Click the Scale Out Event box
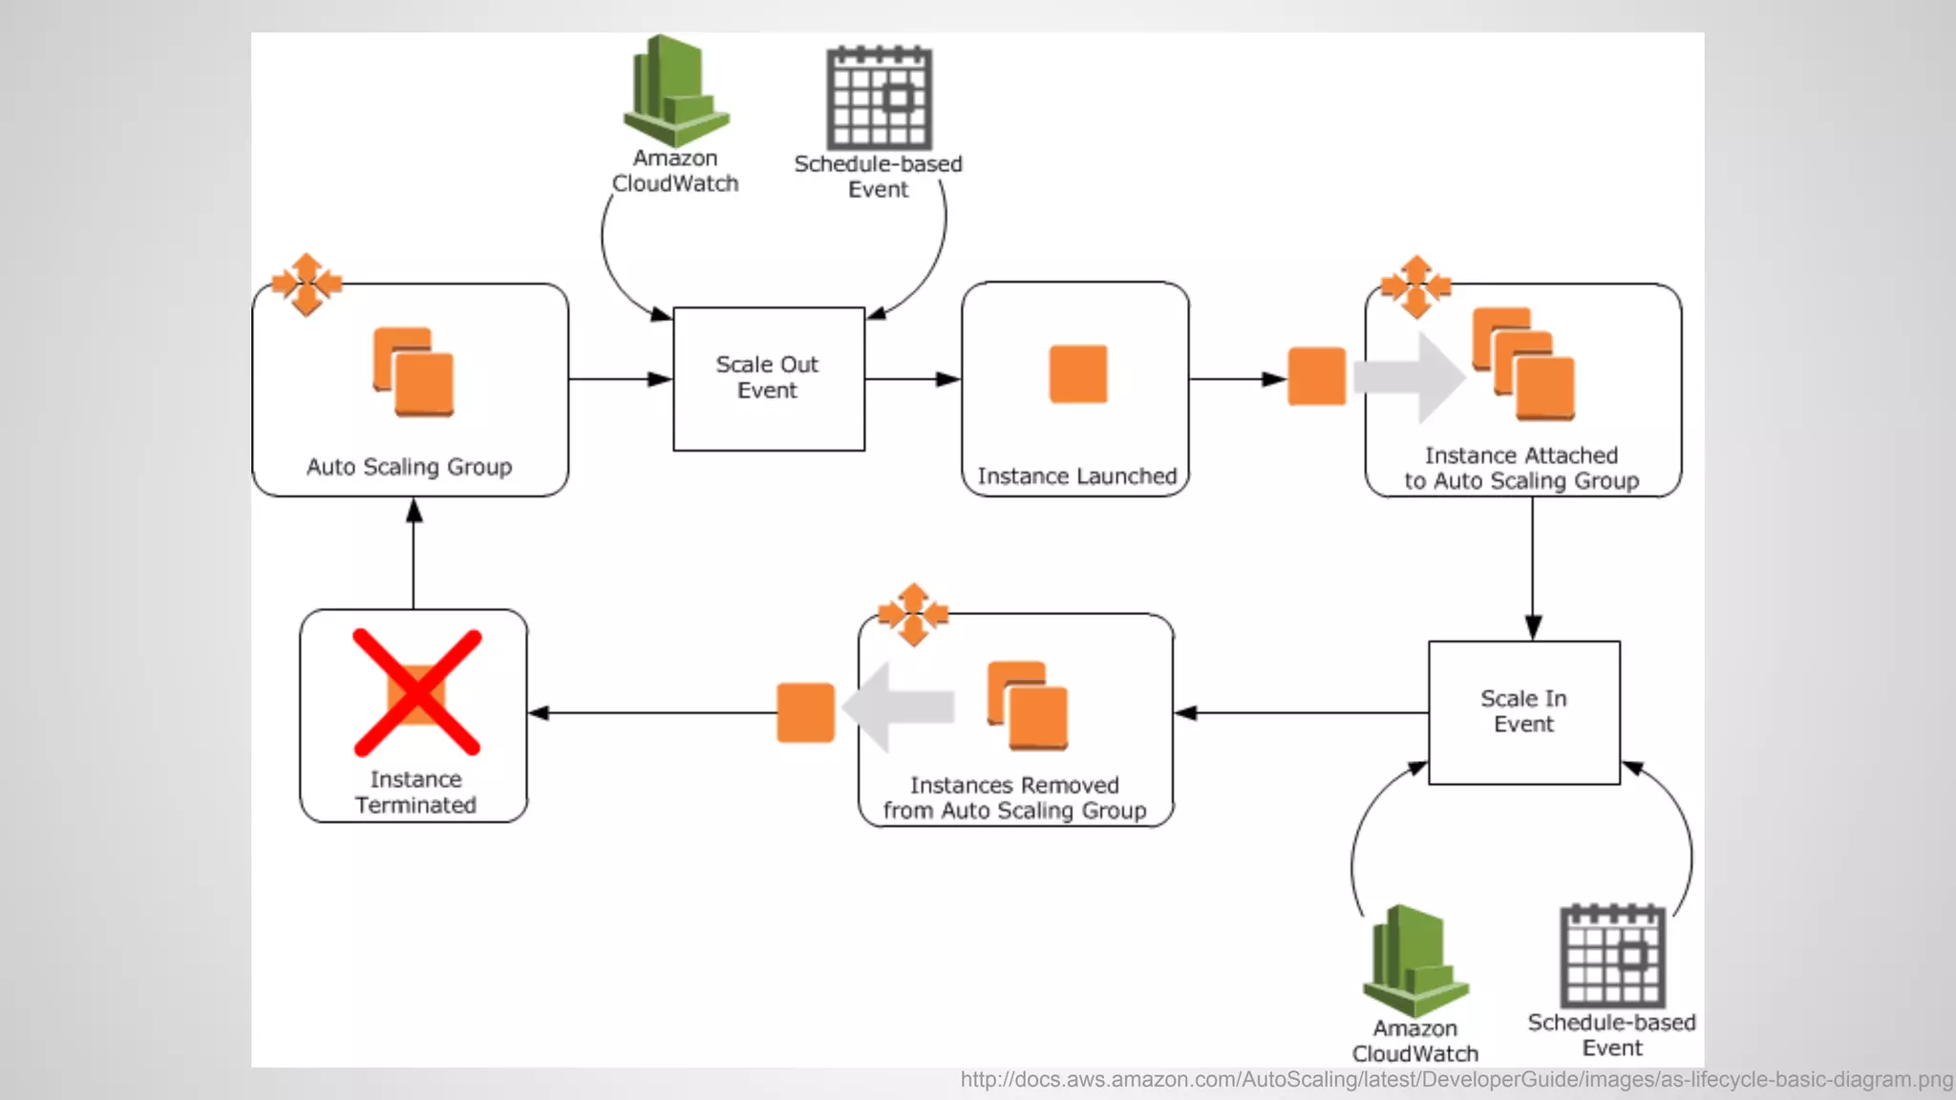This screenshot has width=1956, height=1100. click(768, 378)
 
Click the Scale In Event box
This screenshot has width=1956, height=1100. click(1523, 711)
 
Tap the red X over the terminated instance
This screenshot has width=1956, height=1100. click(416, 692)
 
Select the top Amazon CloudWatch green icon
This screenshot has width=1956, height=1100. click(675, 92)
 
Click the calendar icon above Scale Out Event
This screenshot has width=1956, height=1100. click(879, 97)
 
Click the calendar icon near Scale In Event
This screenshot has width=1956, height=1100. click(1612, 956)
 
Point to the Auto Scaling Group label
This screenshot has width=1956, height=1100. click(409, 467)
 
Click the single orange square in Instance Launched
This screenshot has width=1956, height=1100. click(1077, 374)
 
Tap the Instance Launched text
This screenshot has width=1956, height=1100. click(1076, 476)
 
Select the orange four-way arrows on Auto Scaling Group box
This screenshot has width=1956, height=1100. click(307, 284)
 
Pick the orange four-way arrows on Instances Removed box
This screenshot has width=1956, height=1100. click(913, 614)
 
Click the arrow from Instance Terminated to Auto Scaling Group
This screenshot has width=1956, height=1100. click(414, 554)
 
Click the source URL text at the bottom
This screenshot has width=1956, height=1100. click(1456, 1080)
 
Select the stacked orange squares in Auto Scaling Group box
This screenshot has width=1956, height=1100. click(414, 372)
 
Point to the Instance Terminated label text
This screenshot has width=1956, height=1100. click(415, 793)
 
